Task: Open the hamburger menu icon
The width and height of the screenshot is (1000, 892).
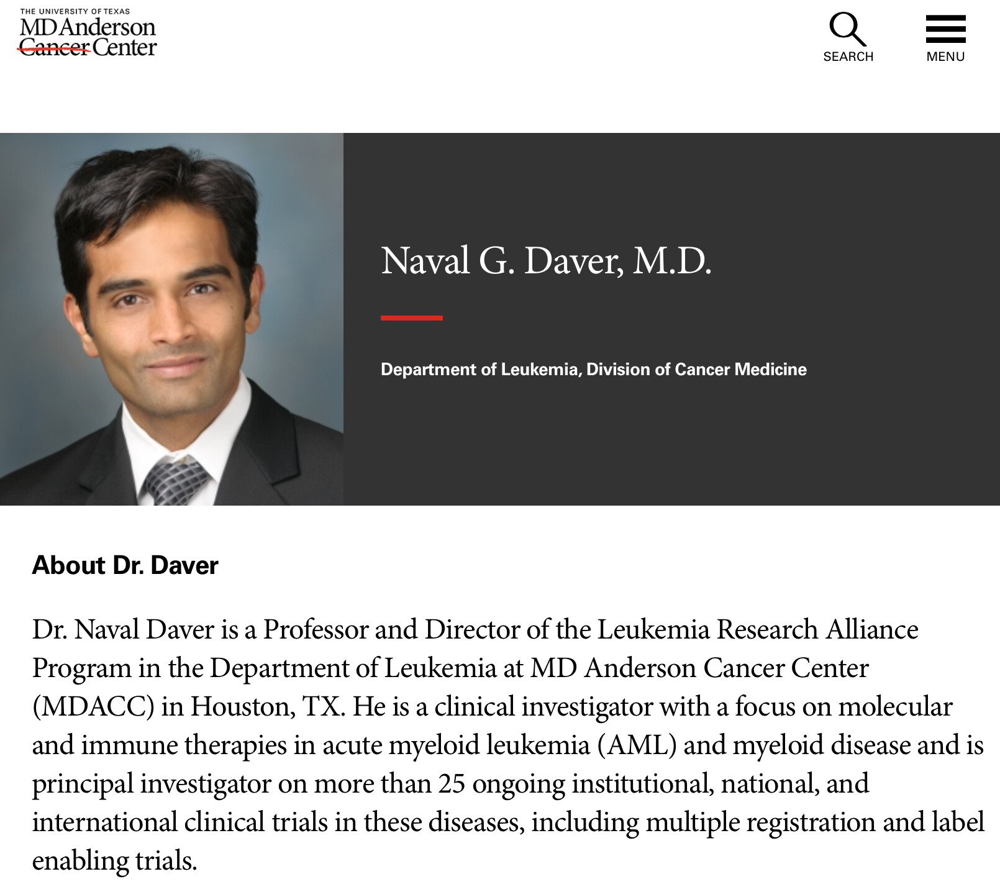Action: click(x=945, y=29)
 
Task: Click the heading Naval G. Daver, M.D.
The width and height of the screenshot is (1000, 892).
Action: click(x=546, y=261)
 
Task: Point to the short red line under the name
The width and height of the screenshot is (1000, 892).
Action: click(x=411, y=317)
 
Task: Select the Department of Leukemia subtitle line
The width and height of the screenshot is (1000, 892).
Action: click(x=593, y=370)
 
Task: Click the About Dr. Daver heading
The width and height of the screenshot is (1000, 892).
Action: click(x=125, y=565)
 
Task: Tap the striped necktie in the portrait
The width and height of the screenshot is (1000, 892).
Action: click(x=175, y=481)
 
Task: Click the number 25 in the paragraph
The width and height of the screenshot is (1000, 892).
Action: click(x=452, y=784)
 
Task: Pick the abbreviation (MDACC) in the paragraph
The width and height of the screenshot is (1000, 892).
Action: click(x=93, y=707)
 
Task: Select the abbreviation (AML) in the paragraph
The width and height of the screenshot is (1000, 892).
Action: click(x=637, y=745)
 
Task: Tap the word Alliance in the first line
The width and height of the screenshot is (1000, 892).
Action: click(x=871, y=630)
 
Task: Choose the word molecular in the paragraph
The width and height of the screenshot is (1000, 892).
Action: click(x=896, y=707)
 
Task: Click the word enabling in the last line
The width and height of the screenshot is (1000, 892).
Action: click(x=80, y=861)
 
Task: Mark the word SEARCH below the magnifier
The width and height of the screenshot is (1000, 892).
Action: click(x=848, y=57)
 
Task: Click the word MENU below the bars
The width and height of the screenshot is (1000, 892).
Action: click(x=945, y=57)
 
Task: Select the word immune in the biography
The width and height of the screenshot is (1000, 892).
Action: click(x=129, y=745)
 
